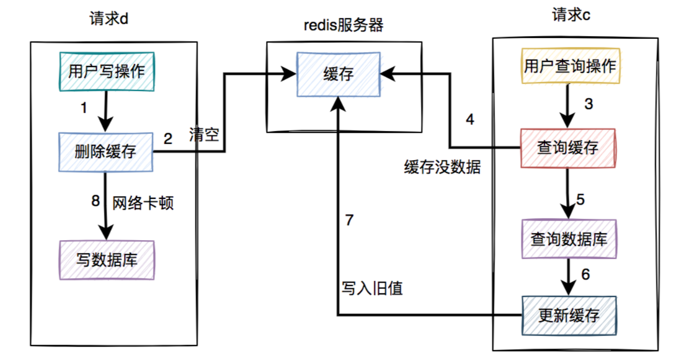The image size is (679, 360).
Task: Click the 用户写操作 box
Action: pos(106,71)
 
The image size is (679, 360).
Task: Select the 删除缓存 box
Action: pos(106,152)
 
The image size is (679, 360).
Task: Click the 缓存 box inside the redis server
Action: pos(338,75)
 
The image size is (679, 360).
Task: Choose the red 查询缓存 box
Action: pos(568,148)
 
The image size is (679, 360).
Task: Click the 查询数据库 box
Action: pos(569,239)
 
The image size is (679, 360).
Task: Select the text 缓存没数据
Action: pos(443,167)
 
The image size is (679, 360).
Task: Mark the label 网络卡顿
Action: pos(143,202)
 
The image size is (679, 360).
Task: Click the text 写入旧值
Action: pos(371,288)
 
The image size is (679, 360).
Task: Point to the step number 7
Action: pos(349,221)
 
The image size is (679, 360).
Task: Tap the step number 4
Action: pos(469,120)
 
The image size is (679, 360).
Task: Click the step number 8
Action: pos(95,201)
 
